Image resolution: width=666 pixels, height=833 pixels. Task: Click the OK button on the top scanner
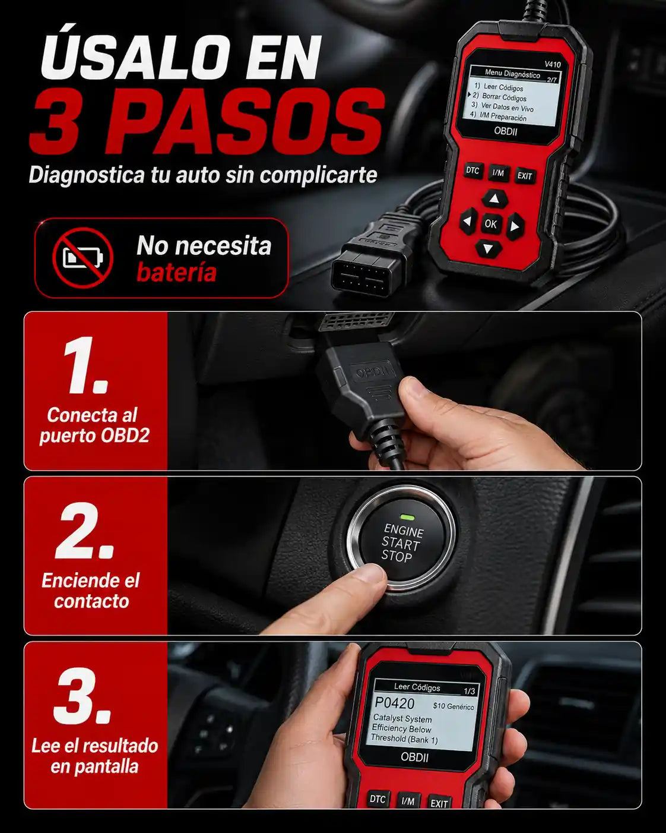(x=491, y=224)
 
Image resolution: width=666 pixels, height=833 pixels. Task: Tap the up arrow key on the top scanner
(x=494, y=199)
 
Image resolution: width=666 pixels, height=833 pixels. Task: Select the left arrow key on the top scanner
(x=468, y=221)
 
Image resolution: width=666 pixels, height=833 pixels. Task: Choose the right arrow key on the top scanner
(x=515, y=226)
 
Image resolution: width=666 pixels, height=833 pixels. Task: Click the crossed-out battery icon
(x=83, y=257)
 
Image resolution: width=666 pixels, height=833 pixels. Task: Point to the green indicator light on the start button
(x=407, y=517)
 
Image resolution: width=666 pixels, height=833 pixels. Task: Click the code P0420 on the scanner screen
(x=395, y=703)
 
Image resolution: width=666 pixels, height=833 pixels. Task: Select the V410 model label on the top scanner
(x=552, y=64)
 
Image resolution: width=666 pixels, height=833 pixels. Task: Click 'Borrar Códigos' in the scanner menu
(x=504, y=97)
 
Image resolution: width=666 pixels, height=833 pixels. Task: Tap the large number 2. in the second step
(x=85, y=531)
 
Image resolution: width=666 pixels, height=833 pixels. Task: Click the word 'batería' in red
(x=176, y=273)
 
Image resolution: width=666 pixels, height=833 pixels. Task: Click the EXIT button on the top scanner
(x=525, y=176)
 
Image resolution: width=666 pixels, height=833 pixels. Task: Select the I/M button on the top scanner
(x=498, y=173)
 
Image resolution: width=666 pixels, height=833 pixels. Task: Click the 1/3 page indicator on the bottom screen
(x=469, y=692)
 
